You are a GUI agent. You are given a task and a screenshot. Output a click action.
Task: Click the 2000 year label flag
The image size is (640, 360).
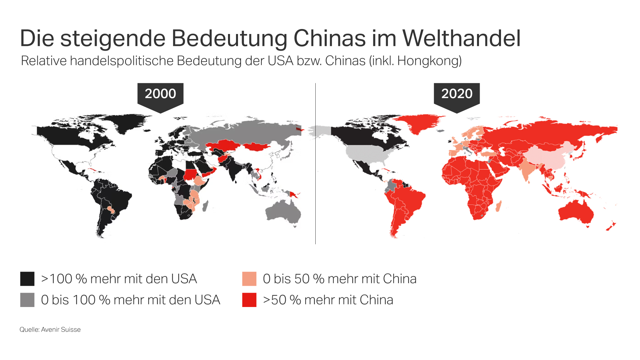click(x=160, y=94)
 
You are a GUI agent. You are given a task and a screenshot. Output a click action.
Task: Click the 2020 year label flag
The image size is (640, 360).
click(x=457, y=94)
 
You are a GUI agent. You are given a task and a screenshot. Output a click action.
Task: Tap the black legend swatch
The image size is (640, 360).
click(x=27, y=279)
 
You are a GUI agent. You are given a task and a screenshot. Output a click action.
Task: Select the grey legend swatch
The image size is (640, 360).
click(x=27, y=300)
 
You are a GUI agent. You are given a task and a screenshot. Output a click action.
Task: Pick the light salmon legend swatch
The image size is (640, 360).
click(x=249, y=279)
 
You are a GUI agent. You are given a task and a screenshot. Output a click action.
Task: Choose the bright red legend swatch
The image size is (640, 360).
click(x=249, y=300)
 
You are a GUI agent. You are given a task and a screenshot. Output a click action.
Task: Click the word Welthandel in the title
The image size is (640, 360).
click(x=461, y=38)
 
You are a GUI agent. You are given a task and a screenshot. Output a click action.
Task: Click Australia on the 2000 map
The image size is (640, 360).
click(x=283, y=212)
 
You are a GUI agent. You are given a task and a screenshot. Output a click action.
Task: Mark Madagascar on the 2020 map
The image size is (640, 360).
click(x=498, y=206)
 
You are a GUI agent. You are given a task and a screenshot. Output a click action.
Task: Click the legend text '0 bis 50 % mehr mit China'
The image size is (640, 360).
click(x=340, y=279)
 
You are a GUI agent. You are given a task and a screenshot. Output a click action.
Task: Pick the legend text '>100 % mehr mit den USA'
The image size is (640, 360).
click(x=119, y=279)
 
